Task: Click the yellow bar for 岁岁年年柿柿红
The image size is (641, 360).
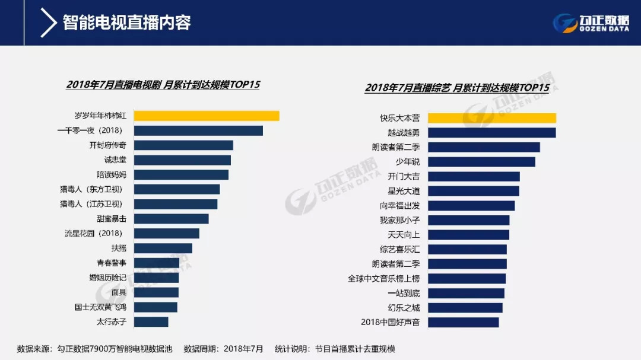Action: point(206,116)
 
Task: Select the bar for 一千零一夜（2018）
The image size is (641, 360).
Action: point(198,130)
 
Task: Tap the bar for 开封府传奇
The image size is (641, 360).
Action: point(183,145)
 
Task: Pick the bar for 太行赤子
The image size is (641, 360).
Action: point(151,321)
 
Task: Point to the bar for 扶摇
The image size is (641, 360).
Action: point(163,248)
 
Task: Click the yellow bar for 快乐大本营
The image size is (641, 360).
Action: point(491,118)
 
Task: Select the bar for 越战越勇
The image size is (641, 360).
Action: point(491,133)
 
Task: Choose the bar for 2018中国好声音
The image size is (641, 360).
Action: point(463,322)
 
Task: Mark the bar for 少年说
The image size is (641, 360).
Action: point(481,162)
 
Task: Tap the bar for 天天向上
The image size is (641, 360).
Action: point(468,235)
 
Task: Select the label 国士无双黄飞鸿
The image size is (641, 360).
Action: point(100,307)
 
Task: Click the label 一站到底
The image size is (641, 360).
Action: point(404,293)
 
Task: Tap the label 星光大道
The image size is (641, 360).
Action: point(404,191)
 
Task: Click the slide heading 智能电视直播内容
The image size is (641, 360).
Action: point(126,23)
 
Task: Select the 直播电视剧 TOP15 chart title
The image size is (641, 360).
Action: point(163,84)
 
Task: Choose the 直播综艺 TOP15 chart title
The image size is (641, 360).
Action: point(457,88)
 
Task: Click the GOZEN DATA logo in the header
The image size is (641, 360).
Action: point(591,23)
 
